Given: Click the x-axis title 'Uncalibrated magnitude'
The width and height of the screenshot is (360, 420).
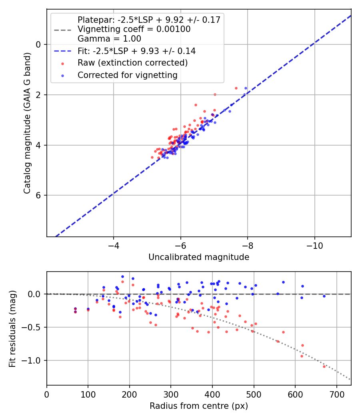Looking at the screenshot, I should pyautogui.click(x=199, y=257).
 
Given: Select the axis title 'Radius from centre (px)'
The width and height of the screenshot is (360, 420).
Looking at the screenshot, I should pyautogui.click(x=199, y=406).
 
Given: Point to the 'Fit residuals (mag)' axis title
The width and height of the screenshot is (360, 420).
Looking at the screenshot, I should pyautogui.click(x=12, y=329).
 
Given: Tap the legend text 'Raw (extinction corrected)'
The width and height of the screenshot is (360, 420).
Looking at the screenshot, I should pyautogui.click(x=132, y=63).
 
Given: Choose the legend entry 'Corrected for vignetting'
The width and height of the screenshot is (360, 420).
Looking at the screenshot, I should pyautogui.click(x=127, y=75).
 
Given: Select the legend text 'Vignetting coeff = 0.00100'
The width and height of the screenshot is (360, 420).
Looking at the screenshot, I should pyautogui.click(x=134, y=29).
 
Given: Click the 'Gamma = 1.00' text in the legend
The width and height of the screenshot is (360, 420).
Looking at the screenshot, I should pyautogui.click(x=109, y=39).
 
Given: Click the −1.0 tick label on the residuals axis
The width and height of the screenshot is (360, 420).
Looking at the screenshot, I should pyautogui.click(x=34, y=360).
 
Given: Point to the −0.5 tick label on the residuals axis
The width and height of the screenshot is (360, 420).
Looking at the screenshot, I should pyautogui.click(x=34, y=327).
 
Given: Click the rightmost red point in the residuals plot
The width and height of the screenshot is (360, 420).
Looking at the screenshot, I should pyautogui.click(x=324, y=366).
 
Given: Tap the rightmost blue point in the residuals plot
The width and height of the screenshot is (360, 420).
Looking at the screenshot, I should pyautogui.click(x=324, y=296).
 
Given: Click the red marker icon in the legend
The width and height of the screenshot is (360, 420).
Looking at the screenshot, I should pyautogui.click(x=62, y=63).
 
